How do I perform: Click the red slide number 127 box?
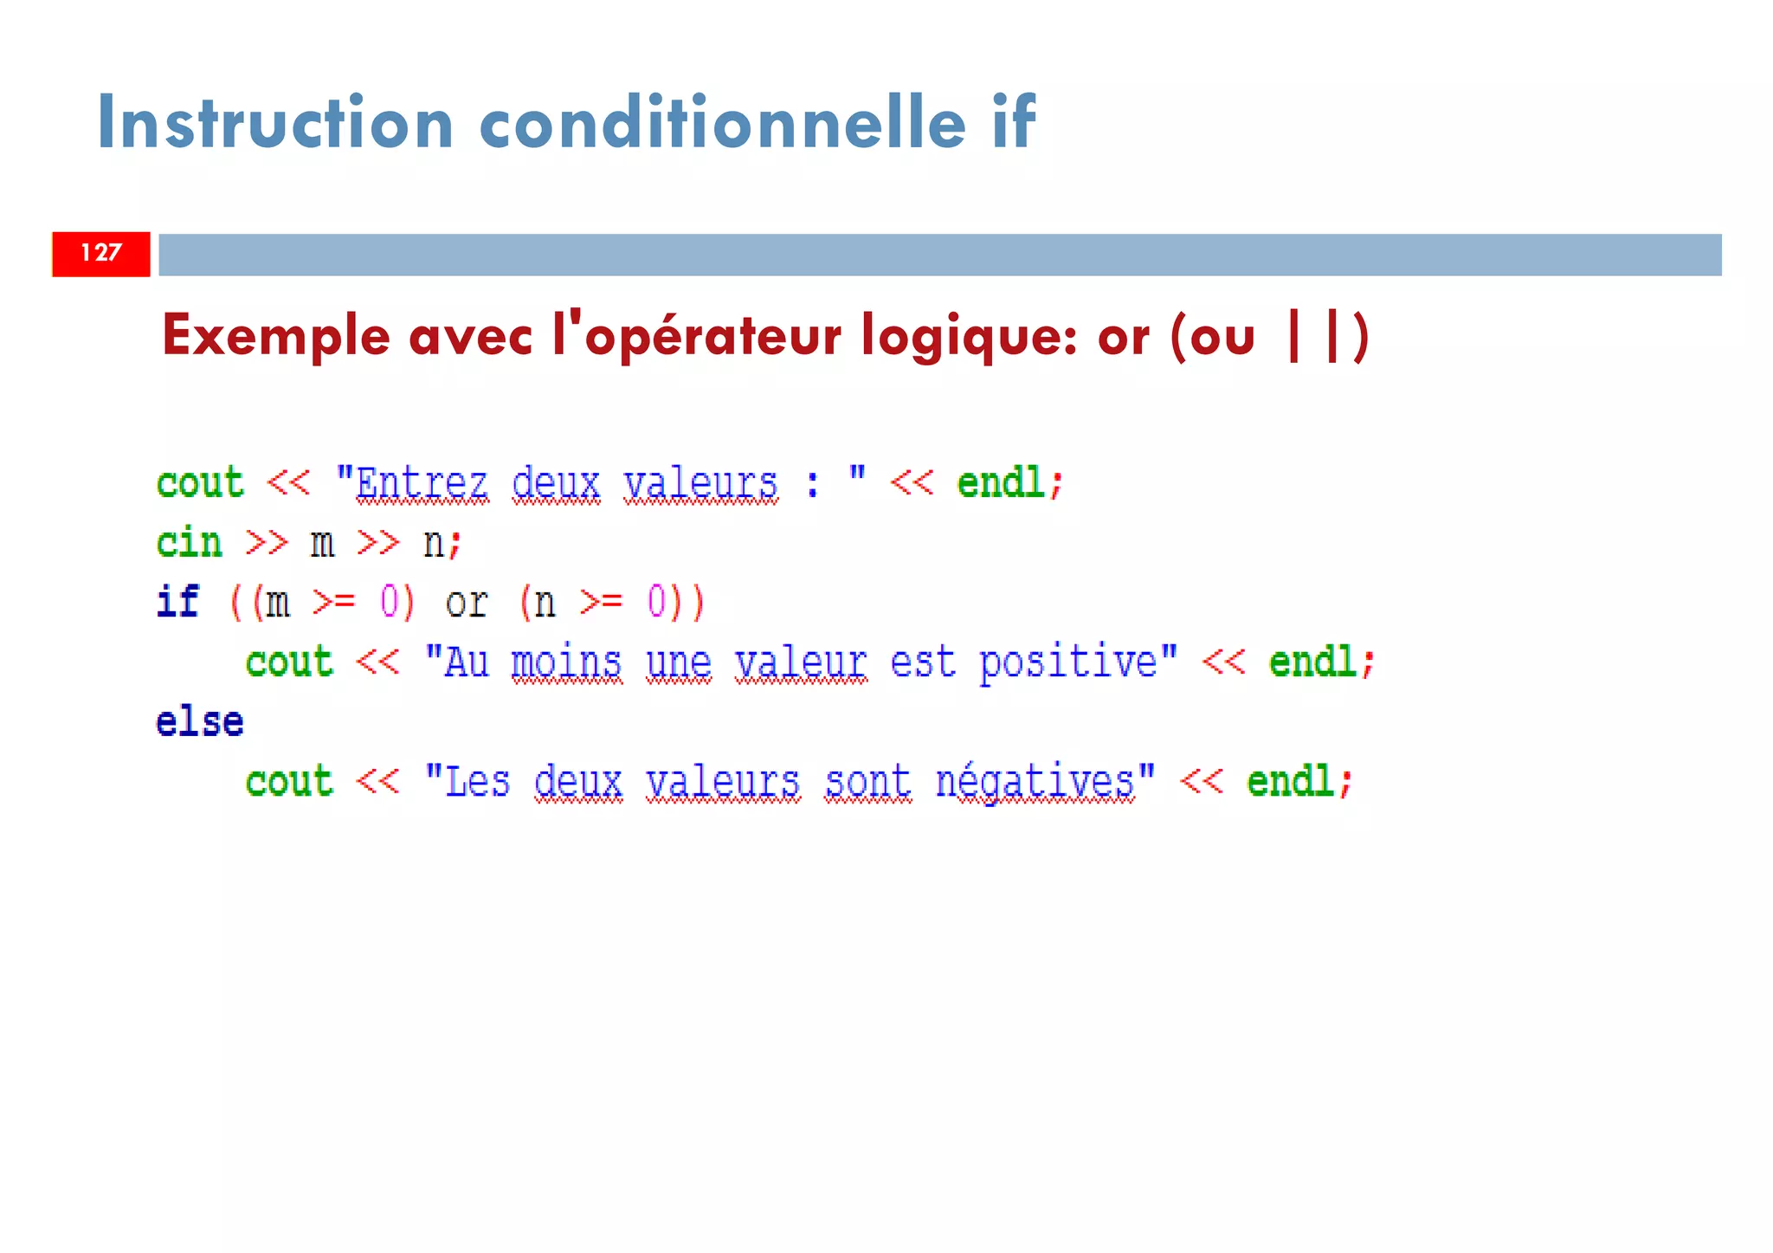coord(100,254)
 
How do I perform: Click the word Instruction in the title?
coord(275,123)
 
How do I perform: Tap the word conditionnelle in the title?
coord(722,123)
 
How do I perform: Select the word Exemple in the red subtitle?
coord(275,337)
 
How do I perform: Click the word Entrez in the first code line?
coord(422,483)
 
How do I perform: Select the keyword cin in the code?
coord(190,543)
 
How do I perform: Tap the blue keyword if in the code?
coord(178,602)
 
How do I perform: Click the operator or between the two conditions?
coord(467,603)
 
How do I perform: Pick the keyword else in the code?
coord(200,722)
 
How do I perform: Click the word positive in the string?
coord(1067,663)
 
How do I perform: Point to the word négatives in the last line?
coord(1035,782)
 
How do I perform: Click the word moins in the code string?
coord(566,663)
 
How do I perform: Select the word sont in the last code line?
coord(867,782)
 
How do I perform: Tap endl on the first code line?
coord(1001,483)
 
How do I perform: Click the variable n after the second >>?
coord(434,544)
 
